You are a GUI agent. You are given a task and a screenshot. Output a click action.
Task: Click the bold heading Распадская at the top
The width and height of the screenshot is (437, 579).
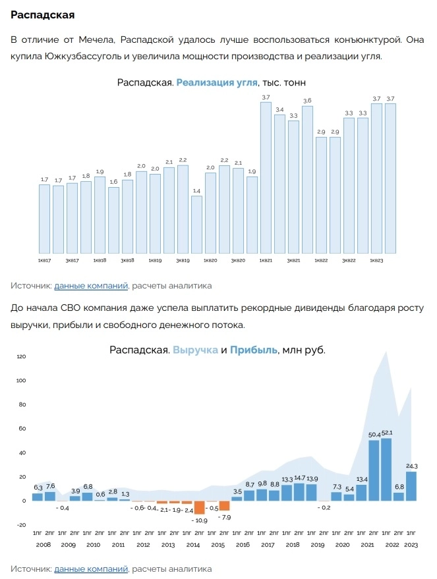point(42,14)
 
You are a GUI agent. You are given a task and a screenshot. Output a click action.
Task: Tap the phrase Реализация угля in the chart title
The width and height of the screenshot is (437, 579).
point(218,82)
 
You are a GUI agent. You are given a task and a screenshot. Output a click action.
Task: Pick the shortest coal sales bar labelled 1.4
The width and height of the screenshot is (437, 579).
point(196,225)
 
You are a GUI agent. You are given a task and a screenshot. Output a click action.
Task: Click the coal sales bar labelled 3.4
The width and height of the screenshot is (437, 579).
point(279,184)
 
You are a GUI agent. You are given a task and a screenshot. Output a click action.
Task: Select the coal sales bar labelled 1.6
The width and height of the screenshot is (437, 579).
point(113,220)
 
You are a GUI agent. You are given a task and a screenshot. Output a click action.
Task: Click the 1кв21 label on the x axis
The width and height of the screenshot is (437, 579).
point(266,262)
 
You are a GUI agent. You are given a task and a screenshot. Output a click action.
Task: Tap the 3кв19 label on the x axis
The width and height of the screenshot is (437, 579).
point(183,262)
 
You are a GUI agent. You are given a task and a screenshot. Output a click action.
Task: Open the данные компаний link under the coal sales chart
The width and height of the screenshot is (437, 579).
point(91,286)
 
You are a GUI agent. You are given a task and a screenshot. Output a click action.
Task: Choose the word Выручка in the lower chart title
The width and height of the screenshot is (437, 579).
point(195,350)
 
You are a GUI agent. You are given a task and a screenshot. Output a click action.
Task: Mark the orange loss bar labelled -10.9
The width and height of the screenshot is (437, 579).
point(199,507)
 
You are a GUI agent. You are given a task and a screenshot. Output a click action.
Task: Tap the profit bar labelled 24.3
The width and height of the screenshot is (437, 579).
point(411,486)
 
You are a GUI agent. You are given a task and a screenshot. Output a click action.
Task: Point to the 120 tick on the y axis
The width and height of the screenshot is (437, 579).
point(20,357)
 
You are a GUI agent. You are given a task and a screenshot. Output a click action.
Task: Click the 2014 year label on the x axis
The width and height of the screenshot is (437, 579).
point(193,545)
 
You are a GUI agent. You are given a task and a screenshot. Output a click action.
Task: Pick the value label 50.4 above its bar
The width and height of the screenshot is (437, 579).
point(373,434)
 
